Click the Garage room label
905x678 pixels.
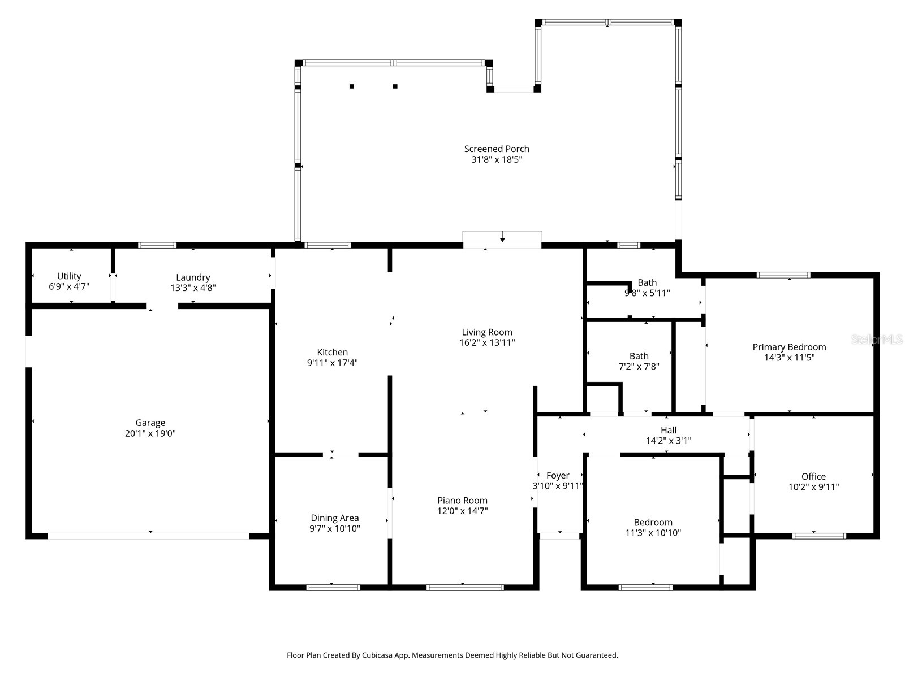coord(150,423)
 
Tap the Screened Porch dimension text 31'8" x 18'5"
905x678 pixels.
coord(497,160)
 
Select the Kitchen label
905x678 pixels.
coord(332,352)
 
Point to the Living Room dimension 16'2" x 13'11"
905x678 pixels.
coord(487,342)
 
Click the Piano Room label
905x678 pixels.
coord(462,500)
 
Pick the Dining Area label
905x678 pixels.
coord(334,518)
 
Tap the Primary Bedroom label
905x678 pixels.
coord(789,347)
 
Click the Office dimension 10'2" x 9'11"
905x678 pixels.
coord(813,487)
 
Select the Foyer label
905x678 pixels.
coord(558,475)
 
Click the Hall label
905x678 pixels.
coord(669,430)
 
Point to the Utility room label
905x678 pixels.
coord(69,276)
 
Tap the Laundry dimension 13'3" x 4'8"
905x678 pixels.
coord(193,288)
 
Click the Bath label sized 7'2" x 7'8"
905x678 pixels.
coord(639,356)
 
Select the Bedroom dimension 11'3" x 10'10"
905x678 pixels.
coord(653,533)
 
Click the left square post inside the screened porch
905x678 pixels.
coord(352,86)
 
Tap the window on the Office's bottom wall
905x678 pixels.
coord(818,536)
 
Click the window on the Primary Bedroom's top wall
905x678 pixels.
coord(783,275)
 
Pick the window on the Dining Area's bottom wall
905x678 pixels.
coord(333,588)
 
